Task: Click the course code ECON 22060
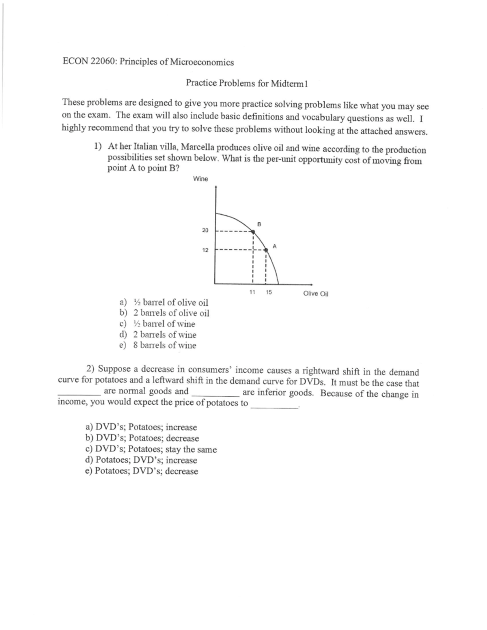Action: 85,62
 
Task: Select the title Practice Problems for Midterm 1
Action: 247,83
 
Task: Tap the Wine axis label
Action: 200,179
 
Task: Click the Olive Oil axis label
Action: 315,294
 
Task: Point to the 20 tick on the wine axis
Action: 205,230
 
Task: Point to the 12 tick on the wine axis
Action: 205,250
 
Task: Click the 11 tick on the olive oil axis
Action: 252,292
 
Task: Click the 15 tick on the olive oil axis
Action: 269,292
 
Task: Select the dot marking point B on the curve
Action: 252,232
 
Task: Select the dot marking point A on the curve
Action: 266,250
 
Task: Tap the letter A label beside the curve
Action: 274,245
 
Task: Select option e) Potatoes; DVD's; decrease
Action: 142,471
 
